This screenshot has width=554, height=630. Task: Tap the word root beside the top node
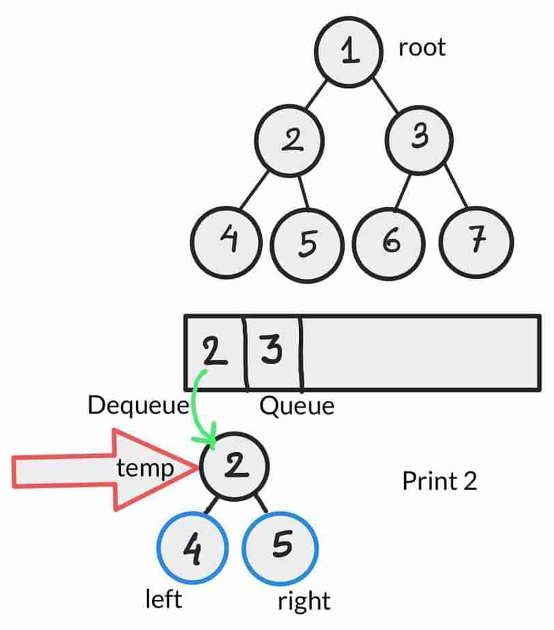pos(422,48)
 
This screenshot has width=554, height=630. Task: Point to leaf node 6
pos(391,241)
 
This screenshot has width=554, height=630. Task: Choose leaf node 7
pos(476,241)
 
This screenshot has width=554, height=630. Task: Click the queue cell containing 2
pos(215,352)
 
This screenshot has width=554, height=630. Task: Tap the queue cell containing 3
pos(272,352)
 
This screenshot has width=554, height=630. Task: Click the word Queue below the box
pos(297,407)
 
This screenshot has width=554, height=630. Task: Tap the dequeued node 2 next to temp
pos(234,467)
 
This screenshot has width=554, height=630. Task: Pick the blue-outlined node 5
pos(280,546)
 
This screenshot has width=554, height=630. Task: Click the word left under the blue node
pos(164,599)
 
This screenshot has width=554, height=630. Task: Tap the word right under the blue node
pos(304,602)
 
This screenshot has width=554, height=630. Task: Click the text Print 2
pos(439,481)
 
